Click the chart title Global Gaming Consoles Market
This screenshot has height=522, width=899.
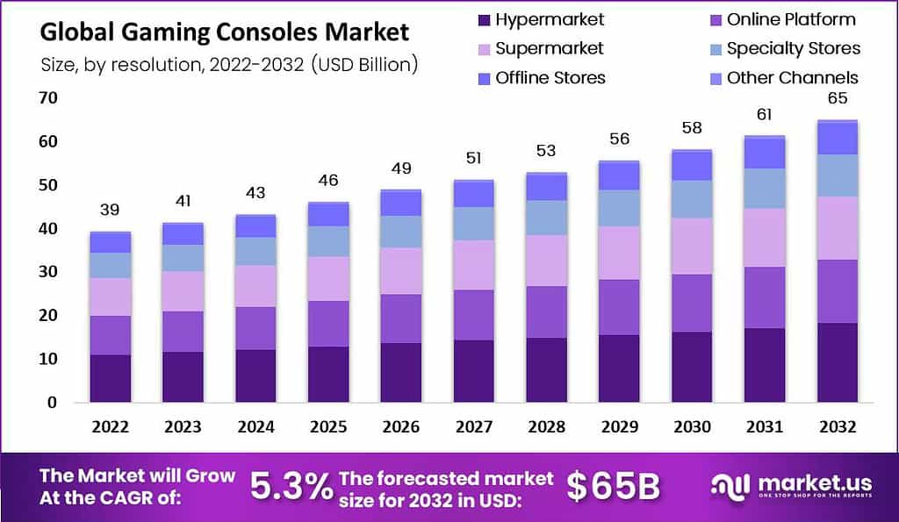tap(225, 32)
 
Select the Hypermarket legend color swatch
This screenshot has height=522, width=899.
tap(482, 20)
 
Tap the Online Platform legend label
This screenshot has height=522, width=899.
tap(790, 19)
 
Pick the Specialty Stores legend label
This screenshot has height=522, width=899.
tap(793, 48)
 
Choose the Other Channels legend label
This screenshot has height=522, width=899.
tap(792, 78)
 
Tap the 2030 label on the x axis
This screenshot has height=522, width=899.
tap(691, 426)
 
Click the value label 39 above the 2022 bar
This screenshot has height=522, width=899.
tap(110, 210)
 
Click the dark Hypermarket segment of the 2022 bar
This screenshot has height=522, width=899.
tap(111, 378)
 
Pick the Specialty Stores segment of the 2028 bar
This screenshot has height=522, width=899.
tap(547, 217)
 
